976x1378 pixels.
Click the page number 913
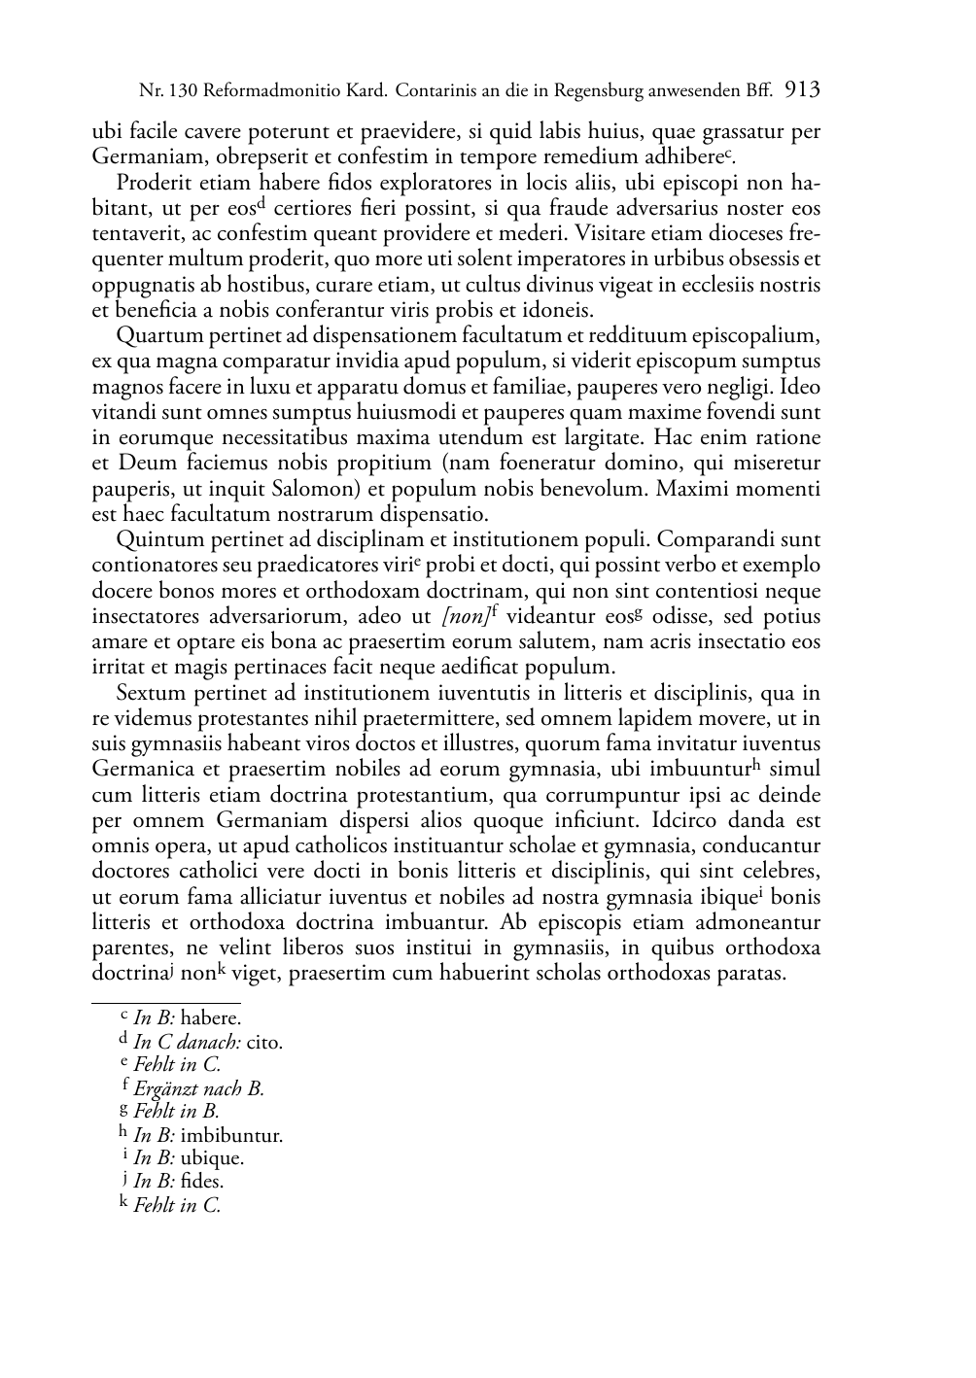coord(803,91)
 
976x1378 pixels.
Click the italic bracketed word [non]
coord(463,617)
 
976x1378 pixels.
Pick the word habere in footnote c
coord(211,1018)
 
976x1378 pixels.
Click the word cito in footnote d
coord(263,1042)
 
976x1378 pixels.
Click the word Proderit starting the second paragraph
coord(155,183)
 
